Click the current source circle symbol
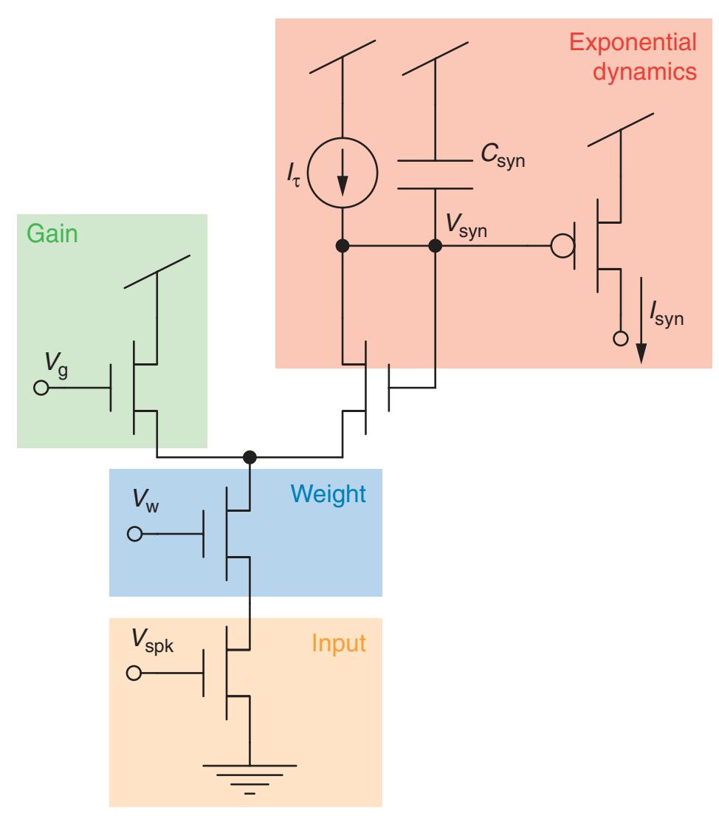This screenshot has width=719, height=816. (x=342, y=175)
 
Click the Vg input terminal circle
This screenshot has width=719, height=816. (x=41, y=387)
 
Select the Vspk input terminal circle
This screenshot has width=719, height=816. (x=134, y=673)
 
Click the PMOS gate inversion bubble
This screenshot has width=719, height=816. (x=563, y=245)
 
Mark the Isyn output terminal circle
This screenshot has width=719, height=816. (x=621, y=340)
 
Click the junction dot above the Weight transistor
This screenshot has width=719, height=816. (x=250, y=456)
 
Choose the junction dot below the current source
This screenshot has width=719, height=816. (x=342, y=245)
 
